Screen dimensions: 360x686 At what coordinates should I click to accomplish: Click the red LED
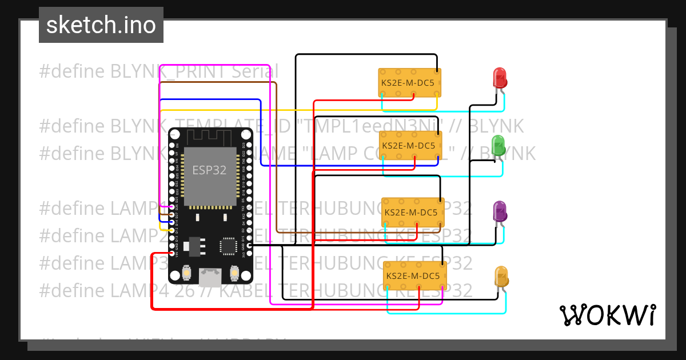pyautogui.click(x=499, y=77)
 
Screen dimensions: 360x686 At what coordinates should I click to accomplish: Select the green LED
pyautogui.click(x=498, y=145)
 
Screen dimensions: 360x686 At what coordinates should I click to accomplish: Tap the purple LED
pyautogui.click(x=500, y=211)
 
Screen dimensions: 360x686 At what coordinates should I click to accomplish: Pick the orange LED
pyautogui.click(x=501, y=277)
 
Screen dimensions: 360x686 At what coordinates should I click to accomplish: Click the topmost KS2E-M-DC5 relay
pyautogui.click(x=410, y=83)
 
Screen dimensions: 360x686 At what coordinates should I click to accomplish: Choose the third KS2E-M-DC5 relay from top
pyautogui.click(x=413, y=212)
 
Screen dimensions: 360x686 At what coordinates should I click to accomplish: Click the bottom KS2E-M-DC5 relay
pyautogui.click(x=414, y=275)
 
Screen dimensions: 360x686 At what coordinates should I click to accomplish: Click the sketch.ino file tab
pyautogui.click(x=101, y=25)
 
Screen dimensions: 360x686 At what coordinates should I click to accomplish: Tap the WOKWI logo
pyautogui.click(x=607, y=315)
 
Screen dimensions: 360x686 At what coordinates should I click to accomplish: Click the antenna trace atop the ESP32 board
pyautogui.click(x=210, y=138)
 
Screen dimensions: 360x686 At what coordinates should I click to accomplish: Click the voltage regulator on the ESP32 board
pyautogui.click(x=194, y=245)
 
